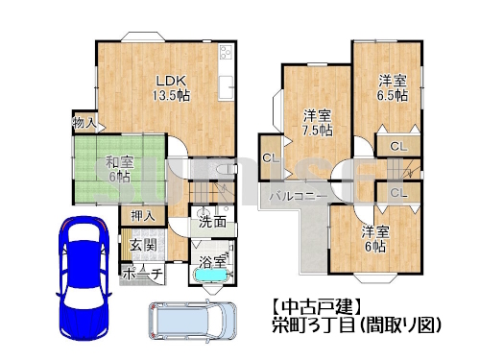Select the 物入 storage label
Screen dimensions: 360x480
[x=84, y=123]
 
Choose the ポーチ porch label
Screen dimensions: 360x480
[x=143, y=274]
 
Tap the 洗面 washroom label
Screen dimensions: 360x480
[x=213, y=222]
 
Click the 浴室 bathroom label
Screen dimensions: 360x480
[x=213, y=261]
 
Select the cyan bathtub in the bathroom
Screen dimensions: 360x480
[x=210, y=276]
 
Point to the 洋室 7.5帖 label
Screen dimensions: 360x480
[x=312, y=121]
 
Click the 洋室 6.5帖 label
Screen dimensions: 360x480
[x=391, y=88]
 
